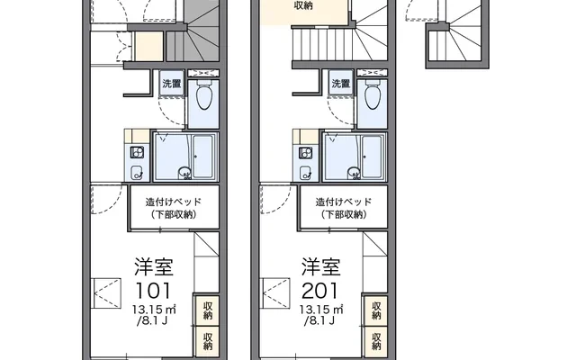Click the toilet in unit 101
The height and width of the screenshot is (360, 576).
[204, 94]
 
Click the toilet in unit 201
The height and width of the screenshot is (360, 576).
[373, 94]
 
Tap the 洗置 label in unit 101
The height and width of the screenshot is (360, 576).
[172, 84]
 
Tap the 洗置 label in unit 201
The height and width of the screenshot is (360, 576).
[340, 84]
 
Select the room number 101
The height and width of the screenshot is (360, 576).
[154, 291]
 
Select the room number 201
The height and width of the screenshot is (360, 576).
[319, 291]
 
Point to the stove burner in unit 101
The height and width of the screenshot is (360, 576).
[138, 152]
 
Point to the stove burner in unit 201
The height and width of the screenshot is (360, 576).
[306, 152]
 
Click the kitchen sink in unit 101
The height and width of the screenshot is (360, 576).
[138, 172]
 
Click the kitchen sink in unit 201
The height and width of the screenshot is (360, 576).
[306, 172]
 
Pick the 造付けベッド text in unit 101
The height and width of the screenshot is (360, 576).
[174, 202]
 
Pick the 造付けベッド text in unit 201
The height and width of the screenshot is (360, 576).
[344, 202]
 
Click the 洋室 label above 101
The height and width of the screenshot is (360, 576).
[154, 266]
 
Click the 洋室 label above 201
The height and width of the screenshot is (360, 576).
[320, 266]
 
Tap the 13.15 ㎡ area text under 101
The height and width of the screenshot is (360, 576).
[154, 310]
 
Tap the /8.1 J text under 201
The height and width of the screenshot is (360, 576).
[319, 320]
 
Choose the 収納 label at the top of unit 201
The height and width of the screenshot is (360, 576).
[303, 5]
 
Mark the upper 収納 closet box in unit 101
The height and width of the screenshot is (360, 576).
[208, 310]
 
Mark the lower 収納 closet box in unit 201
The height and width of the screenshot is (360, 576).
[376, 341]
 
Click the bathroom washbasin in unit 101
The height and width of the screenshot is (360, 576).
[184, 172]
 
